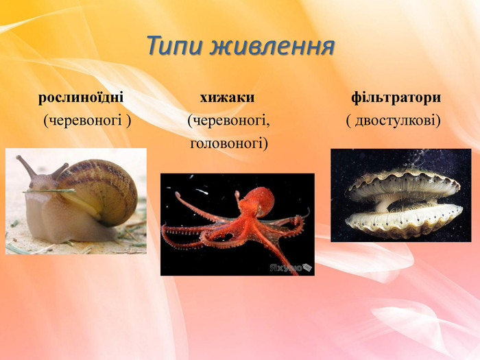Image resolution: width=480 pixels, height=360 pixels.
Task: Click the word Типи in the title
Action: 174,46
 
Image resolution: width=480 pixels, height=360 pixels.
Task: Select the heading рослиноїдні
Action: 81,97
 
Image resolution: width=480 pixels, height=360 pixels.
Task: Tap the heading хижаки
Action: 227,97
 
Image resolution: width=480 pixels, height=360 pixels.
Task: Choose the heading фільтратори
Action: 396,97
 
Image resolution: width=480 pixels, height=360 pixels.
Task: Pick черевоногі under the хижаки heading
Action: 228,121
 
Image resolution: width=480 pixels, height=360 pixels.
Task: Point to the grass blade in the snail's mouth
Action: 49,191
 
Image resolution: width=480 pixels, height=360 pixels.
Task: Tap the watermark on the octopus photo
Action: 291,267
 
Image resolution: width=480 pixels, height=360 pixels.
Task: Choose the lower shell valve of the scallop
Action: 404,220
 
